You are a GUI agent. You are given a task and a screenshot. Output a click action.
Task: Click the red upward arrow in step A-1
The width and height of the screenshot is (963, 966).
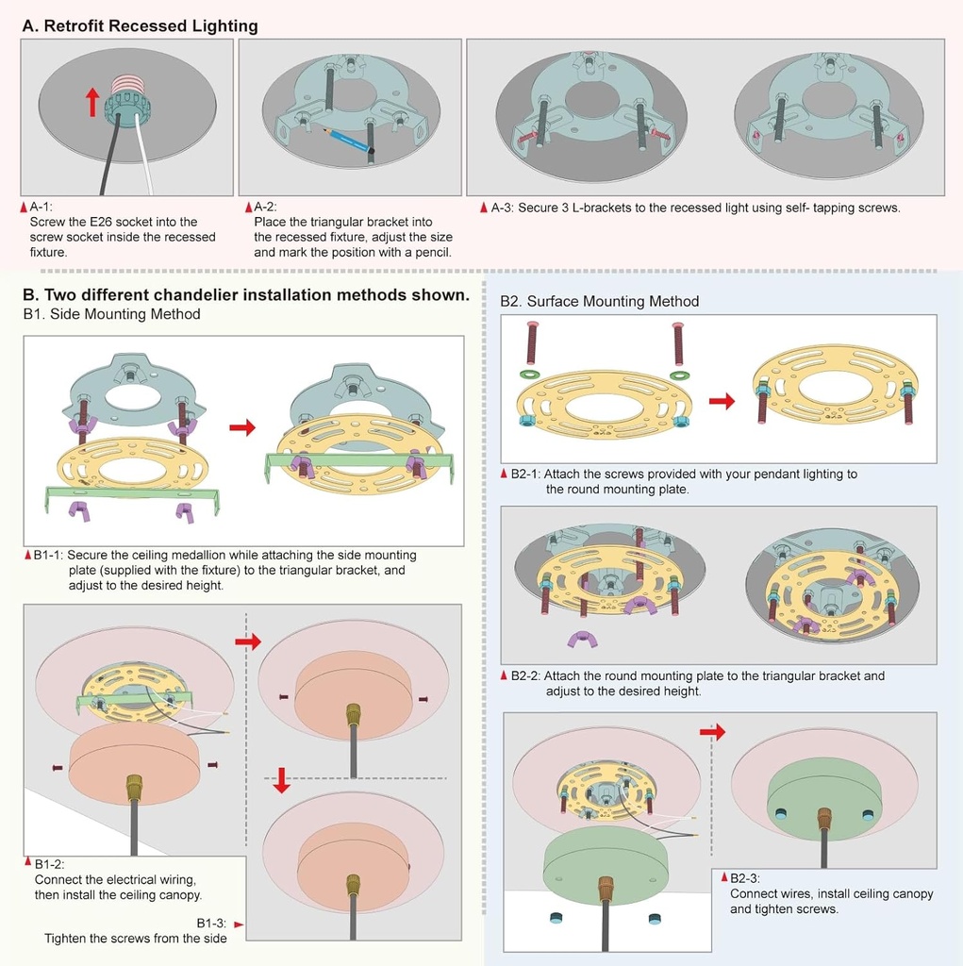pyautogui.click(x=91, y=101)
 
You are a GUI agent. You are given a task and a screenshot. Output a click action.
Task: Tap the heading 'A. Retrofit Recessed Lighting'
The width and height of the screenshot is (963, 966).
pyautogui.click(x=140, y=25)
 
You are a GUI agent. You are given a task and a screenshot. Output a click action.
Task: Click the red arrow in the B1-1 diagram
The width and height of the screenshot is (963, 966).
pyautogui.click(x=242, y=428)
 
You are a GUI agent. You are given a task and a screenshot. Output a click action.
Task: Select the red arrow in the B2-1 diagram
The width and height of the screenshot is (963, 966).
pyautogui.click(x=722, y=401)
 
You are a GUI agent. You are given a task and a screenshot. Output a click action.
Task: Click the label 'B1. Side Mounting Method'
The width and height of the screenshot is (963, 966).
pyautogui.click(x=111, y=314)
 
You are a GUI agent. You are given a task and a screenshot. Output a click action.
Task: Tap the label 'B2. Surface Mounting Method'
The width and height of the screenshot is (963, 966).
pyautogui.click(x=600, y=301)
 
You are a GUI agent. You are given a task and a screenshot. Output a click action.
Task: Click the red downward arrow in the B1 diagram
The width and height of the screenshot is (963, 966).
pyautogui.click(x=280, y=780)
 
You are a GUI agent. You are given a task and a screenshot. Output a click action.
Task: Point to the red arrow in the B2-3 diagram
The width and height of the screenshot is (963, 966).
pyautogui.click(x=712, y=731)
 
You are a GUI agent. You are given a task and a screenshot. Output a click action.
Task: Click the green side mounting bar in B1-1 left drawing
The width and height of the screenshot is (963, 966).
pyautogui.click(x=132, y=493)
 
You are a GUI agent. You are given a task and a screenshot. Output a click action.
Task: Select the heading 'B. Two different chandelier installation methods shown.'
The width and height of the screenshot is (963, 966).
pyautogui.click(x=245, y=294)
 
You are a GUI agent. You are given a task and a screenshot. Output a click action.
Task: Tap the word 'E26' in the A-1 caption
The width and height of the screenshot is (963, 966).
pyautogui.click(x=115, y=222)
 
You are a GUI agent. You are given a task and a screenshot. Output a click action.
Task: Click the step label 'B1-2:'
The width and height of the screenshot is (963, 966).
pyautogui.click(x=49, y=864)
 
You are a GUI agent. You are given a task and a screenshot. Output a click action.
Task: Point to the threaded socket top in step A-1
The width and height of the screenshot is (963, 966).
pyautogui.click(x=125, y=85)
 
